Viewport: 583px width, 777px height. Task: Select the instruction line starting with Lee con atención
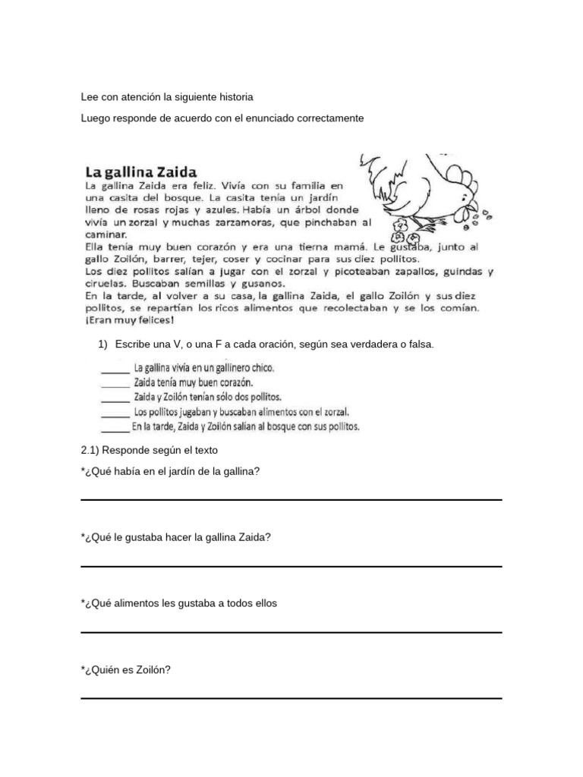(x=167, y=98)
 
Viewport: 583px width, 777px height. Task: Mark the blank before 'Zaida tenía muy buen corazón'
(x=115, y=385)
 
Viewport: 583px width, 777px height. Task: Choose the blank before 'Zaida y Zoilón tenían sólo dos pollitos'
(x=115, y=399)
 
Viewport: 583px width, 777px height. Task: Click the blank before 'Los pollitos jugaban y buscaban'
(x=115, y=414)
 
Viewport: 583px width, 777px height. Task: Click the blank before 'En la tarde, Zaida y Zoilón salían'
(x=115, y=429)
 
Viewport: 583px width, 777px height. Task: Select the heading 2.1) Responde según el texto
(x=149, y=450)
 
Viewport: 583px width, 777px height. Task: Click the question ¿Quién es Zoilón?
(x=125, y=670)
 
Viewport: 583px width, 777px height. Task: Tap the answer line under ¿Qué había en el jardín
(x=291, y=499)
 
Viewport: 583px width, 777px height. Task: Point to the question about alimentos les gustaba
(x=179, y=604)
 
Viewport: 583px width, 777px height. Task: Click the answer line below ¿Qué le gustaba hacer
(x=291, y=566)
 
